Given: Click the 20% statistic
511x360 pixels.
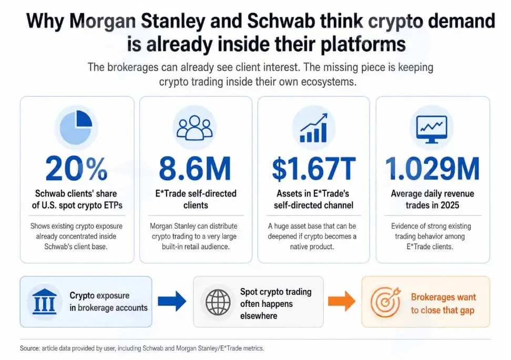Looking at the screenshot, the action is pos(76,169).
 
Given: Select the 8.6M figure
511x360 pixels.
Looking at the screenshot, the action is pos(195,169).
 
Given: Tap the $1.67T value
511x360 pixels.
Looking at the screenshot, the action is pos(313,169).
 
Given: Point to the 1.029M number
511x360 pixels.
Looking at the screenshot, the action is pos(433,169).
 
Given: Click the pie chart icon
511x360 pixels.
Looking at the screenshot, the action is pos(76,127).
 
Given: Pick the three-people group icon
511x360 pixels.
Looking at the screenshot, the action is pos(195,128).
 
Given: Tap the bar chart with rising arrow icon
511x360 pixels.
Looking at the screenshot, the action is pos(313,128).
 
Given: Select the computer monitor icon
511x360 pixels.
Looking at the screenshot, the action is pos(432,129).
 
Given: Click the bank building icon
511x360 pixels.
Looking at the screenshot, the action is pos(45,301).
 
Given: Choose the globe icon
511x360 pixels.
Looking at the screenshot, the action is pos(218,302).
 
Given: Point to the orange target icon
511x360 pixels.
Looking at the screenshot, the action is pos(386,302).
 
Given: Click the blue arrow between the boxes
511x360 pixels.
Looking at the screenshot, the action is pos(172,301).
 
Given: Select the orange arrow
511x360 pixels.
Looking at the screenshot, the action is pos(342,301).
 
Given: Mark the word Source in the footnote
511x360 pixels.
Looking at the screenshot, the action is pos(29,348).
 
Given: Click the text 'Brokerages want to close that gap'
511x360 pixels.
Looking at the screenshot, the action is pos(443,303).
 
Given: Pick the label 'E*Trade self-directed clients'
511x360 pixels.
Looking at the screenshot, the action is pos(196,199).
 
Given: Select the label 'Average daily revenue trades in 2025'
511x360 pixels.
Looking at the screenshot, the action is pos(433,199).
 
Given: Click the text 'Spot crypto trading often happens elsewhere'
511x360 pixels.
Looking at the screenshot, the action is pos(275,304).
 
